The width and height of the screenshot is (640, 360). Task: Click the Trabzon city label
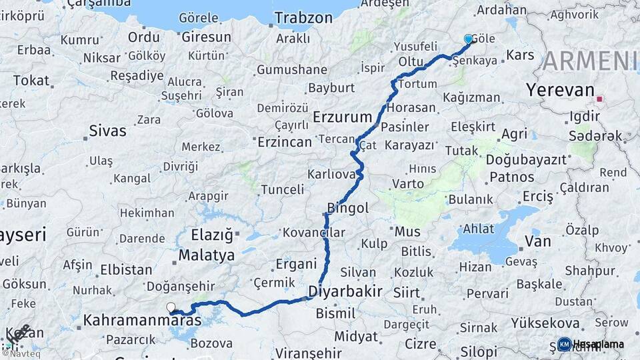coord(303,18)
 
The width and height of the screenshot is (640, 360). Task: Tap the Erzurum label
coord(343,117)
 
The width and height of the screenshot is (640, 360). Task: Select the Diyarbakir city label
coord(345,291)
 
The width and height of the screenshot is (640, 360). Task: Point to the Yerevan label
coord(559,89)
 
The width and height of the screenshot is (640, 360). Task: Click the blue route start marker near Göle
coord(469,39)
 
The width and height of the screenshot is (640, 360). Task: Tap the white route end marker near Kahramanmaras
coord(171,307)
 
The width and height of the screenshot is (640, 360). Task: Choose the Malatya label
coord(207,255)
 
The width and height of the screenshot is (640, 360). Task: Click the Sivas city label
coord(107,130)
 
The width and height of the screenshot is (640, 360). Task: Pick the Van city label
coord(537,241)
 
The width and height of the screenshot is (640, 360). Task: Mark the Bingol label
coord(348,208)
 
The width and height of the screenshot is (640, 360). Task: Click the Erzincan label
coord(284,142)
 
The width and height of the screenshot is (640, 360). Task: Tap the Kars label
coord(521,55)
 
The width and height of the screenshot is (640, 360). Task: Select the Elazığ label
coord(212,235)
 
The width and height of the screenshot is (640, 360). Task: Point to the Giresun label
coord(206,37)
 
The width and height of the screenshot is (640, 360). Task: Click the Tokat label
coord(31,81)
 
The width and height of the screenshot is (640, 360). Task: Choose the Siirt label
coord(407,292)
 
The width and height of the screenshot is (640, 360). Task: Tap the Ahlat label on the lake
coord(479,228)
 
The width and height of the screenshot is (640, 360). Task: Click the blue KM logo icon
coord(564,344)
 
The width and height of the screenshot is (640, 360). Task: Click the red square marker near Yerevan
coord(599,99)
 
